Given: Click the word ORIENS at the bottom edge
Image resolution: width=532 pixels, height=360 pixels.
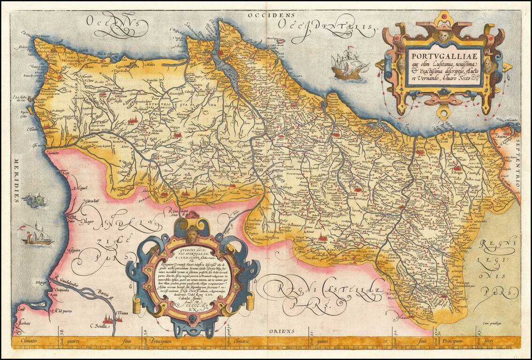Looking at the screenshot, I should point(281,331).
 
